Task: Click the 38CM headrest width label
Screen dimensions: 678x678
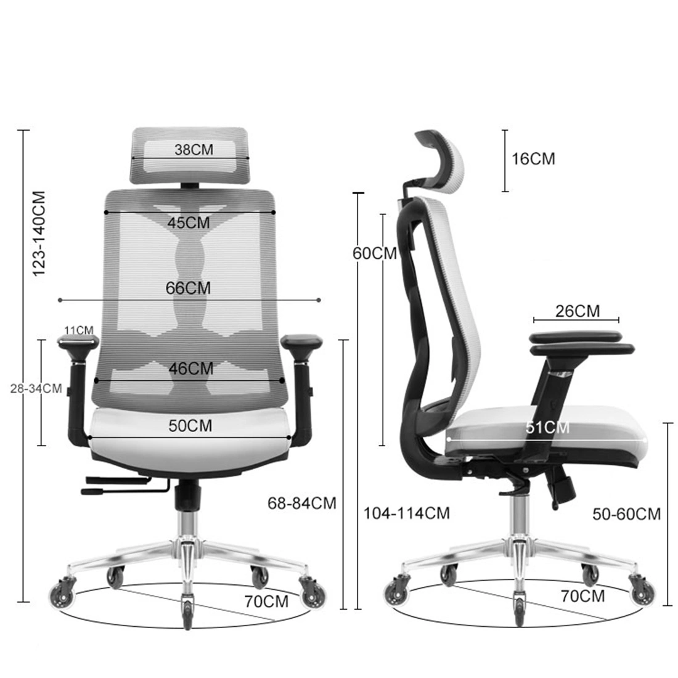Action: (x=194, y=150)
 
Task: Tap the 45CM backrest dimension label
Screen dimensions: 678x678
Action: (x=189, y=223)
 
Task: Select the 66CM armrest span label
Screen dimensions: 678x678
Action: (x=188, y=288)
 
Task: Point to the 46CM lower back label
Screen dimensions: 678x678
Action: (x=191, y=369)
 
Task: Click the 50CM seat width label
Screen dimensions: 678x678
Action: (x=190, y=426)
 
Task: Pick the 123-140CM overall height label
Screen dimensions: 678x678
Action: (x=39, y=234)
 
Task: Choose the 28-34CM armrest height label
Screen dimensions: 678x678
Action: (x=36, y=388)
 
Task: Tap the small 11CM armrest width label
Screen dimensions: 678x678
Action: (x=79, y=330)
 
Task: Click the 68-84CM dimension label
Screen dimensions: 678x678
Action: (x=302, y=504)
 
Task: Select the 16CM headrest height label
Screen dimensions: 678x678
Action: (x=534, y=158)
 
